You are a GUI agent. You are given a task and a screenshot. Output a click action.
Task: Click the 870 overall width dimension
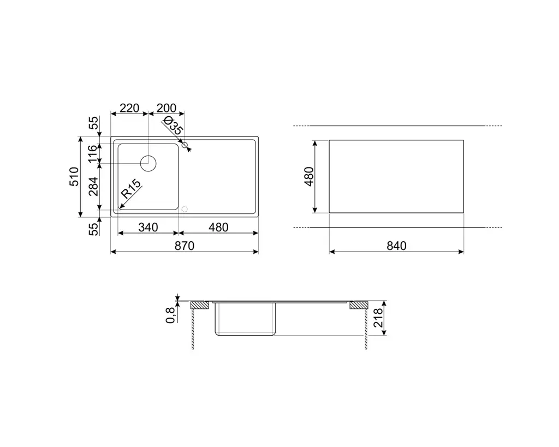point(185,246)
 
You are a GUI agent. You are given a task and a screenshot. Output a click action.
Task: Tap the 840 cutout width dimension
point(396,246)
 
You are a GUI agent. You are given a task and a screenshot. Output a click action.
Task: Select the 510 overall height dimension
point(74,176)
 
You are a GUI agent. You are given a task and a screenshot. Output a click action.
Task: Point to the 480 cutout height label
point(309,176)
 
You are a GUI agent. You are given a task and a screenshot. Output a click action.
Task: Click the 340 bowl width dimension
point(148,228)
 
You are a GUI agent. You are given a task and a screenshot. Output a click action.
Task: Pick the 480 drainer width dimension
point(218,228)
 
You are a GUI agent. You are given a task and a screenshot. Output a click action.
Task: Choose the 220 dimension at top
point(129,108)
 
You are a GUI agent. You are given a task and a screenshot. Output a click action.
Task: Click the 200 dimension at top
point(166,108)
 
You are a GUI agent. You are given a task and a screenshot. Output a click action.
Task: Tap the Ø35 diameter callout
point(174,126)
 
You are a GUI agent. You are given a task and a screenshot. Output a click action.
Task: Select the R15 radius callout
point(131,189)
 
